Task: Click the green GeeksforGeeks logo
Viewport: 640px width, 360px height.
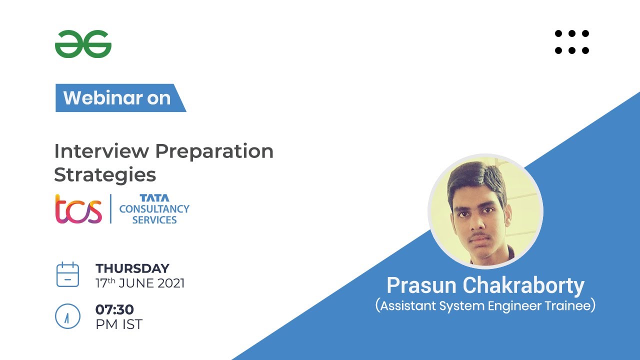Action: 83,44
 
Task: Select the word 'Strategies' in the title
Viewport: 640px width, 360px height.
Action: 105,175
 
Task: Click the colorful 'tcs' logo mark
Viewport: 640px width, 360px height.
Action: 78,209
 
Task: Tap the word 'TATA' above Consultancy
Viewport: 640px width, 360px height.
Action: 154,198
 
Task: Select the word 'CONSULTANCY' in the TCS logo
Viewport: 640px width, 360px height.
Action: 154,208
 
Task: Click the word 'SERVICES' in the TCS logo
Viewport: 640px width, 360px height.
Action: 154,220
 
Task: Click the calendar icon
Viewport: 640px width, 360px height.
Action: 67,274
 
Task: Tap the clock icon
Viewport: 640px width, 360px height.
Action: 67,316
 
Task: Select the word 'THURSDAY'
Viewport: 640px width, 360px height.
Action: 132,268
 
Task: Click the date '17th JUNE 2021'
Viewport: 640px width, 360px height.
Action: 140,283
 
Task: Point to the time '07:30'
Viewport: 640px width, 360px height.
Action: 114,309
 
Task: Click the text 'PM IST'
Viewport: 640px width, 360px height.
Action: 119,324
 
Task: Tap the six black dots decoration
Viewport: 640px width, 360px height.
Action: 572,42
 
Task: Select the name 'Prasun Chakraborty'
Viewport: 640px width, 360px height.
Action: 485,285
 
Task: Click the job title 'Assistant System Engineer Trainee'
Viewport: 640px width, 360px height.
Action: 485,305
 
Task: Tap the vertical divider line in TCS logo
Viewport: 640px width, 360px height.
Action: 110,209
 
